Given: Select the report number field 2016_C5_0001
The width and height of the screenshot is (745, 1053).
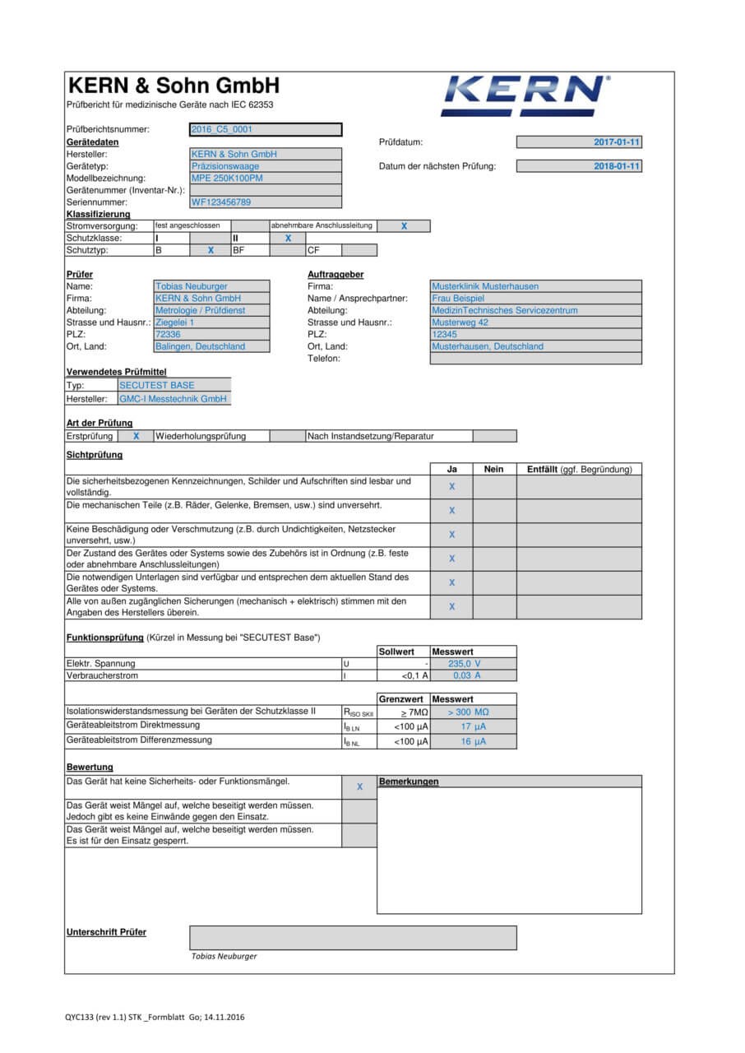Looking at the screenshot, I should click(266, 129).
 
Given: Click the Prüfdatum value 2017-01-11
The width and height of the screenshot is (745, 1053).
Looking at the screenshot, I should click(579, 142).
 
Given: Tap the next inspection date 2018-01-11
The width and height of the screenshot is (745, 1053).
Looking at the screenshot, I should click(579, 166).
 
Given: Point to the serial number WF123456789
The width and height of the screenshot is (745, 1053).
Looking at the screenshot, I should click(266, 202).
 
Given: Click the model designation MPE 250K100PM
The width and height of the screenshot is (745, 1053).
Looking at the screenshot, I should click(266, 178).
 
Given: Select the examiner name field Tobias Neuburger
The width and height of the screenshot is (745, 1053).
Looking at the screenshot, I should click(211, 286).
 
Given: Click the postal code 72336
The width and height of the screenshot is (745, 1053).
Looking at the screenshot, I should click(211, 335).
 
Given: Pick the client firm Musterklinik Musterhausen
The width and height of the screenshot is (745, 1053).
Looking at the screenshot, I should click(535, 286).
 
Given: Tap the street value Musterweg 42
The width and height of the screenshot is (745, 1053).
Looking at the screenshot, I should click(535, 322).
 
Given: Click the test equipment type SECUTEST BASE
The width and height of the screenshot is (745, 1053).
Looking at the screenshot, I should click(174, 385).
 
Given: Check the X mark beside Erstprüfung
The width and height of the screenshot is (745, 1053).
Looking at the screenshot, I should click(136, 436).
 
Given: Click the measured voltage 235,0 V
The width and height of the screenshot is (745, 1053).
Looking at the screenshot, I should click(465, 663).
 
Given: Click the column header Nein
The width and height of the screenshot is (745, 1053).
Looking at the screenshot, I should click(494, 469).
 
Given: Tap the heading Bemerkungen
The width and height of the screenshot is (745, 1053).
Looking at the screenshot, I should click(409, 782).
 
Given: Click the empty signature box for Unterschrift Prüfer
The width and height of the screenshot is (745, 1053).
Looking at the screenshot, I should click(353, 937).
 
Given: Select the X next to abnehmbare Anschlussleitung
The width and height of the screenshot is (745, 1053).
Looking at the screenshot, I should click(404, 225).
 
